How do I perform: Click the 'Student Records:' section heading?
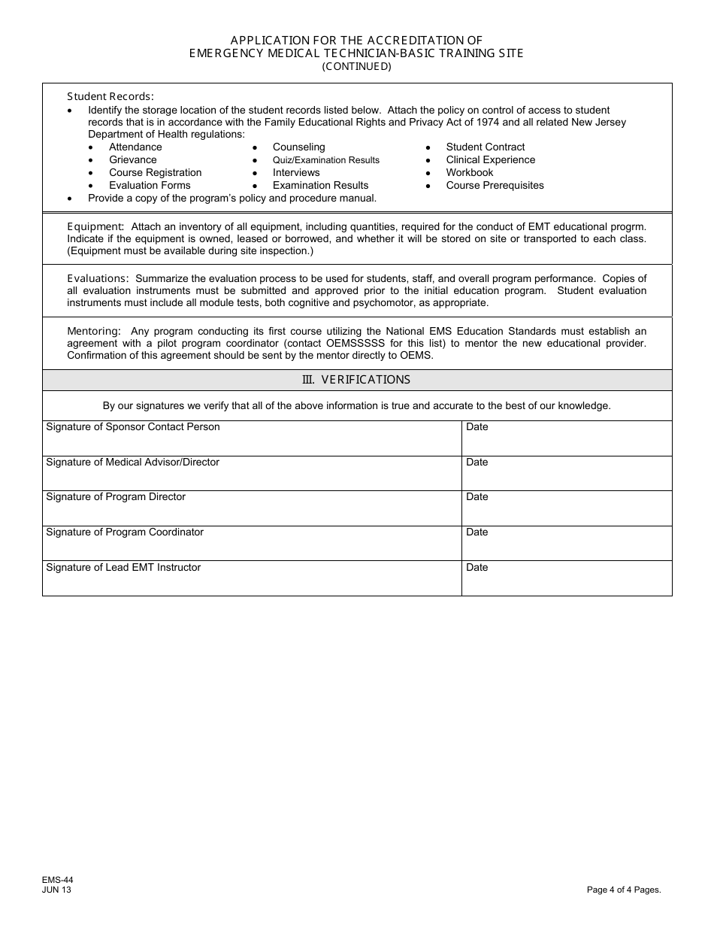coord(110,96)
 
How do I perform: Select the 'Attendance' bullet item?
coord(135,147)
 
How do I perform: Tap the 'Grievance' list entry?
coord(133,160)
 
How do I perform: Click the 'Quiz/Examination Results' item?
coord(326,160)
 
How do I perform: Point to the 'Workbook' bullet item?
coord(470,173)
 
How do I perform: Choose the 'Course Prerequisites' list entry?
coord(495,186)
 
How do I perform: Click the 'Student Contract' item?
coord(486,147)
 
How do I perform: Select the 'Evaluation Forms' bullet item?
coord(150,186)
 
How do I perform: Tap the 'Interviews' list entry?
coord(296,173)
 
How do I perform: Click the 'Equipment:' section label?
coord(95,226)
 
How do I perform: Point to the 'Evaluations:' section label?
coord(98,279)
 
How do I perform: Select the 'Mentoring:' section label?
coord(94,331)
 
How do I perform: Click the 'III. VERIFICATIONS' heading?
coord(356,380)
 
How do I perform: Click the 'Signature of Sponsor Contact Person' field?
coord(252,438)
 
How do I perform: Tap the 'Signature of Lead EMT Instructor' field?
coord(252,578)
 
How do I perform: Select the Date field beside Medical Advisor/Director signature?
coord(567,473)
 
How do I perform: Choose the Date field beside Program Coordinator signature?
coord(567,543)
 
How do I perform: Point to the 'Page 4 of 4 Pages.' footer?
coord(624,890)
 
